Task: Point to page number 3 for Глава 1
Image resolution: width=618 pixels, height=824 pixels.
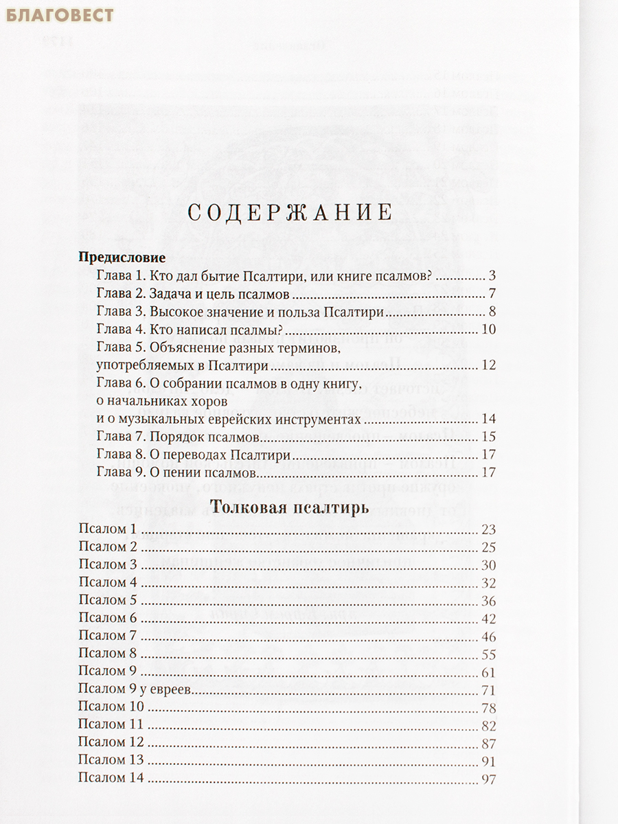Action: tap(492, 277)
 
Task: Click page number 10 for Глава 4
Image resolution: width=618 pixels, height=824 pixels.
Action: tap(488, 330)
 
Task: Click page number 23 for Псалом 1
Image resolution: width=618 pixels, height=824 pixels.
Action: tap(488, 529)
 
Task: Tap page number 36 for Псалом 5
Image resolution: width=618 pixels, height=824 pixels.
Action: tap(488, 601)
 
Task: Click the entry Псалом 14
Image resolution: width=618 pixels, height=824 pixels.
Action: tap(111, 779)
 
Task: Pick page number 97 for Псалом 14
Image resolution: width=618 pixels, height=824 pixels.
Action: tap(488, 779)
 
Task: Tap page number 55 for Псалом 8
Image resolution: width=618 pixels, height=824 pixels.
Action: tap(488, 654)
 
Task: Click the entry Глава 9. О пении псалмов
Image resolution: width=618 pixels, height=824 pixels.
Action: tap(176, 472)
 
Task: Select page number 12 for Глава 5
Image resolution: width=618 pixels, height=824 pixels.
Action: tap(488, 365)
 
